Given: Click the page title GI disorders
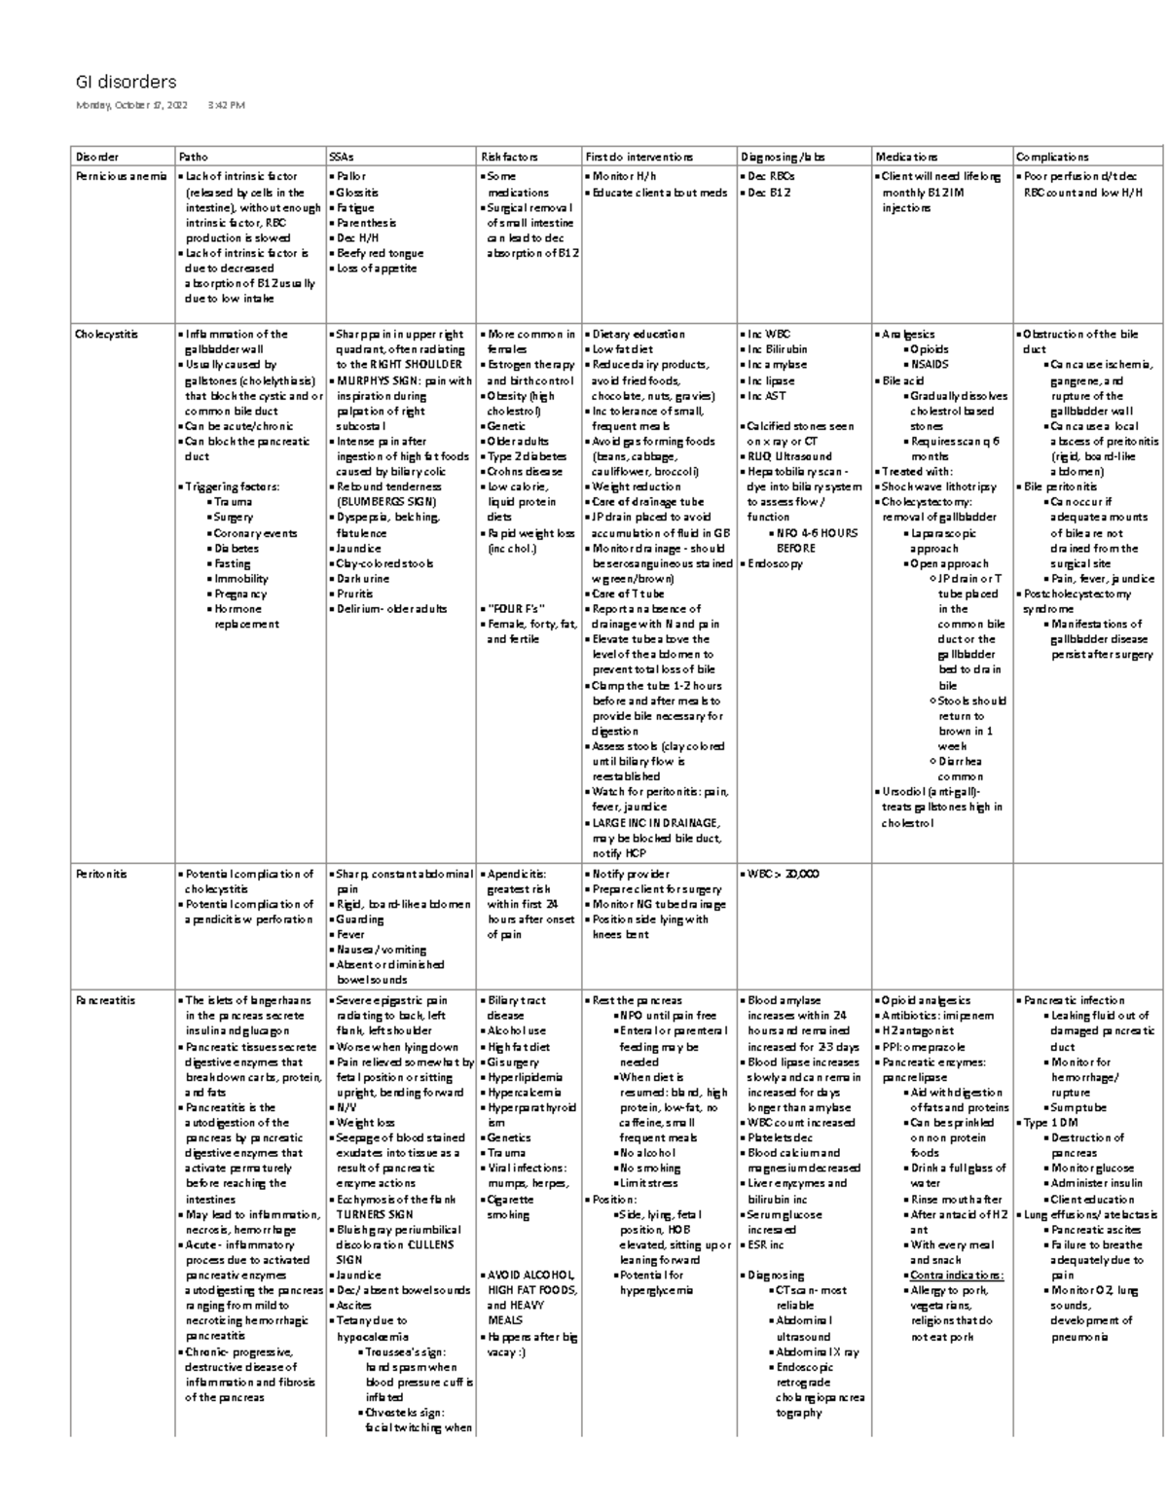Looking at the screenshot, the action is pos(126,82).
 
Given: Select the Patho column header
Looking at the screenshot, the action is pos(193,157).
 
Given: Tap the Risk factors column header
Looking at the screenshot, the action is pos(509,157).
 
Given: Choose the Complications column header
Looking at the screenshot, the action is pos(1052,157).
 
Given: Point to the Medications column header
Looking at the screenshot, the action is pos(906,157).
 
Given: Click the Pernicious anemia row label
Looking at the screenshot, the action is pos(121,177).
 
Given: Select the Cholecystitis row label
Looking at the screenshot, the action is pos(106,335).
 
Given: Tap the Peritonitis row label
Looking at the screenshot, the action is pos(101,874).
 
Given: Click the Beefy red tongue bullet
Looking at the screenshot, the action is pos(379,253).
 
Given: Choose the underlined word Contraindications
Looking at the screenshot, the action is pos(956,1275).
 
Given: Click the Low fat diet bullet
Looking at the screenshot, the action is pos(622,349).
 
